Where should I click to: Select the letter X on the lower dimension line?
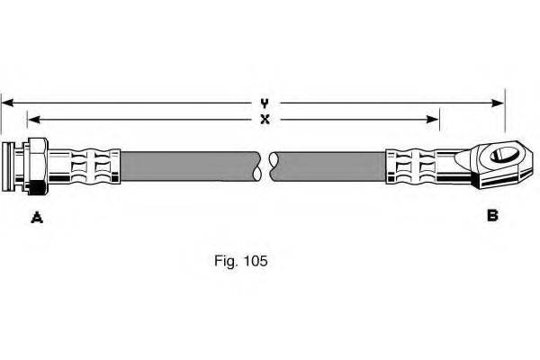[265, 119]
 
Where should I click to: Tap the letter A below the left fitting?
[37, 216]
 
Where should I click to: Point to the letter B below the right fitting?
[492, 215]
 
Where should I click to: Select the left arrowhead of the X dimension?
[32, 119]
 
